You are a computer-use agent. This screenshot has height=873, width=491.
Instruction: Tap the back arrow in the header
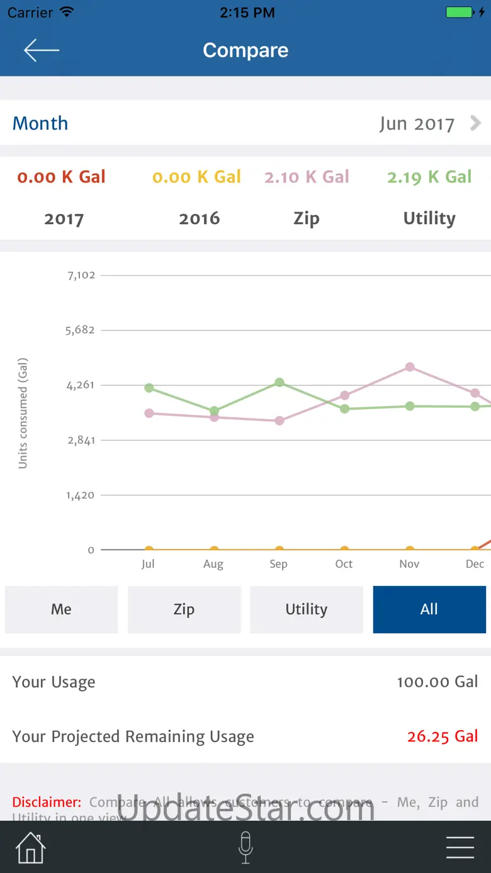pyautogui.click(x=42, y=50)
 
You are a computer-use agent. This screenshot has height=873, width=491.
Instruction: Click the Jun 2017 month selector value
pyautogui.click(x=417, y=123)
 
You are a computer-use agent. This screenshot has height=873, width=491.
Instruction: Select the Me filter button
pyautogui.click(x=61, y=609)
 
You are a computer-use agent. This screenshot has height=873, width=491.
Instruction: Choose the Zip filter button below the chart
pyautogui.click(x=184, y=609)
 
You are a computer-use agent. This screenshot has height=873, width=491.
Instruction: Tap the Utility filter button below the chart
pyautogui.click(x=307, y=609)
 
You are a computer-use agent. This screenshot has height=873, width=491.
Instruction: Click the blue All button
pyautogui.click(x=429, y=609)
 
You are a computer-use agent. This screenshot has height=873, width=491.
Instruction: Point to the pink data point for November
pyautogui.click(x=410, y=367)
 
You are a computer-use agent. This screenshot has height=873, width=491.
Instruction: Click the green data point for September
pyautogui.click(x=279, y=383)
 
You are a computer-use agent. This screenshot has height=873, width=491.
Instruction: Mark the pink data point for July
pyautogui.click(x=149, y=414)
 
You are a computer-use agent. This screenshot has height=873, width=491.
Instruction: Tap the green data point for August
pyautogui.click(x=215, y=411)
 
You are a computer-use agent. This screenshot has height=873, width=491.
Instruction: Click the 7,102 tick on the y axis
pyautogui.click(x=81, y=275)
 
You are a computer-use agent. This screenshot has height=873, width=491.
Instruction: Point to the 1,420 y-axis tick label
pyautogui.click(x=81, y=495)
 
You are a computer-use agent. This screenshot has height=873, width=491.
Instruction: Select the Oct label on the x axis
pyautogui.click(x=344, y=564)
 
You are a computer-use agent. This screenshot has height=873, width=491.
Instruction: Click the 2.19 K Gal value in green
pyautogui.click(x=429, y=177)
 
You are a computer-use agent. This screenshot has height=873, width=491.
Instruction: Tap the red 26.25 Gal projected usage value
pyautogui.click(x=443, y=736)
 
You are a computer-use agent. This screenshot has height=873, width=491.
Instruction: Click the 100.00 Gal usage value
pyautogui.click(x=437, y=682)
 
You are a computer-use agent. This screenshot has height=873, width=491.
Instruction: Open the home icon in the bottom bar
pyautogui.click(x=31, y=848)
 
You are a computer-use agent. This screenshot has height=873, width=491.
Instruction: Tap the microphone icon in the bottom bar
pyautogui.click(x=245, y=847)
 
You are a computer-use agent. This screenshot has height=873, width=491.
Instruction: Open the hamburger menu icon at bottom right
pyautogui.click(x=460, y=848)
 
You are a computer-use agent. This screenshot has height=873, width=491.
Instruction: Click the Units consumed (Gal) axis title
pyautogui.click(x=23, y=413)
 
